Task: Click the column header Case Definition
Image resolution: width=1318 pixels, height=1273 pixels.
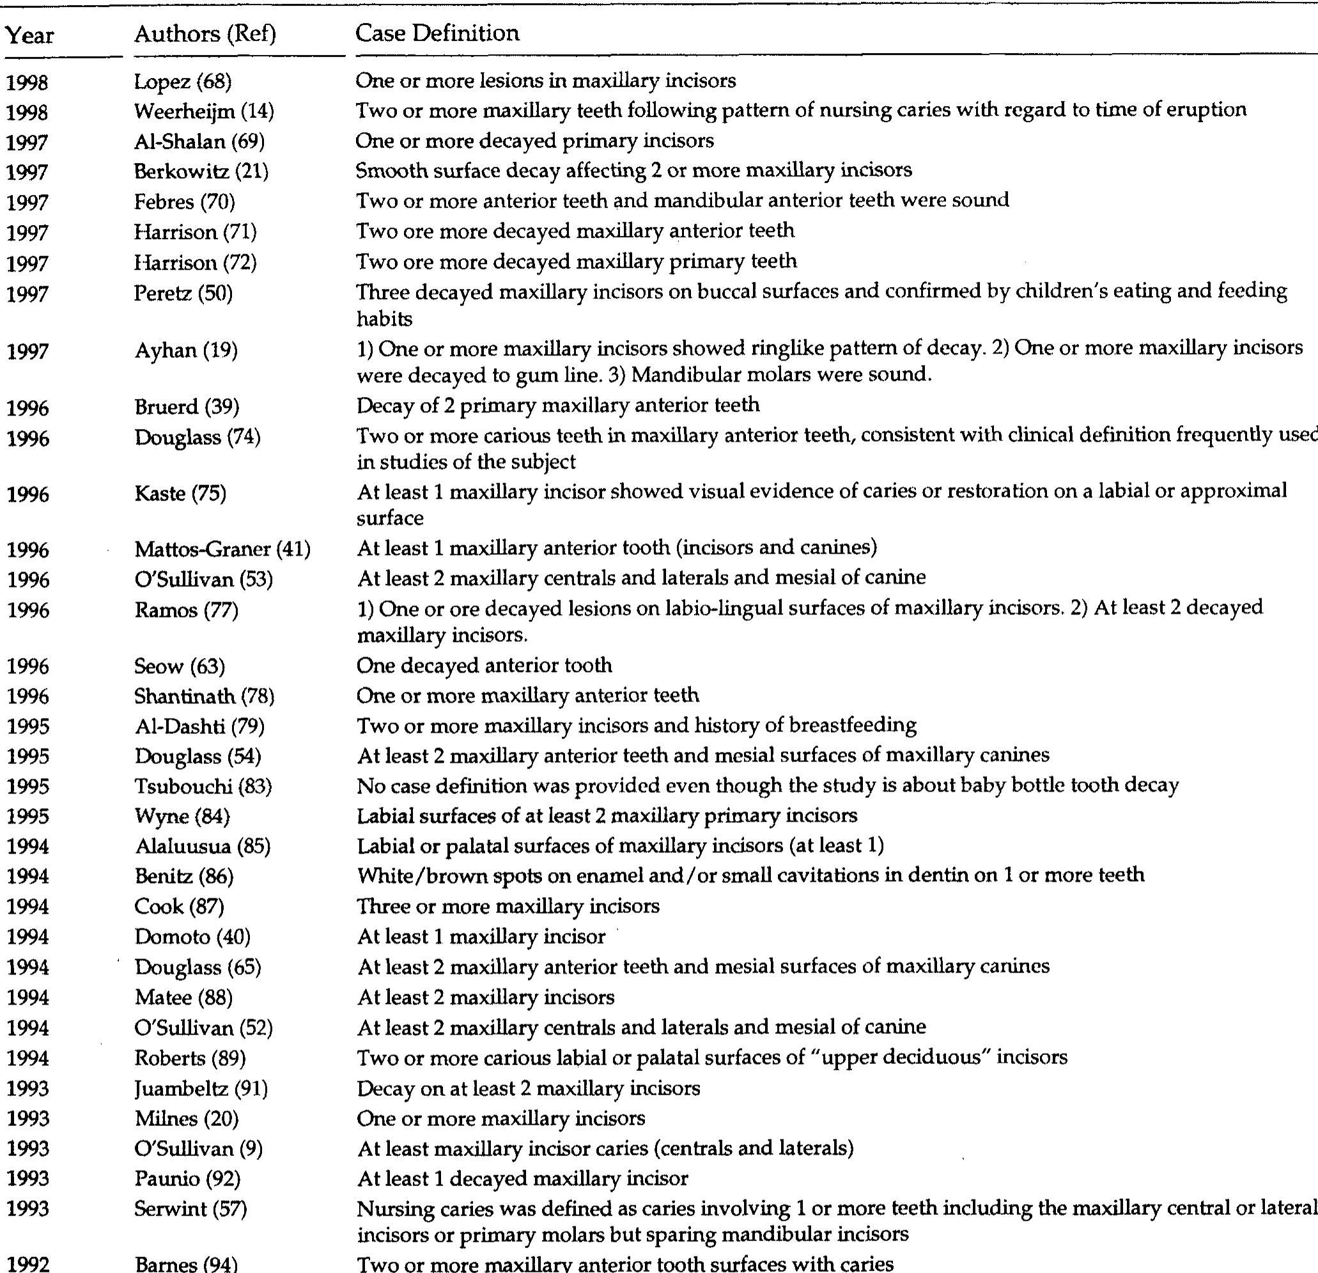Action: tap(437, 33)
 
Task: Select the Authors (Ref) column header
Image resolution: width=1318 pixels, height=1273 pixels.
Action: tap(205, 34)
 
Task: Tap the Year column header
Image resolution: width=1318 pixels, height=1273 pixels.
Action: tap(29, 35)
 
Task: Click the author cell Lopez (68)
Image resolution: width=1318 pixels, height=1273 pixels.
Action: tap(182, 81)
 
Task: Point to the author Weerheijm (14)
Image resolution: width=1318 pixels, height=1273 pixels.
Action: tap(204, 111)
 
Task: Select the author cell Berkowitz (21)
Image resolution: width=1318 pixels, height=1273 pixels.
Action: tap(201, 171)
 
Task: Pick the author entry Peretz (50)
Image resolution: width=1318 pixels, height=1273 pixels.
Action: tap(183, 293)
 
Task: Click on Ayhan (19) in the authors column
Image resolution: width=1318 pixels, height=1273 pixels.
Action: tap(185, 350)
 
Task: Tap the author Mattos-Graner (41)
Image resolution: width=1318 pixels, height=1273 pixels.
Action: tap(222, 549)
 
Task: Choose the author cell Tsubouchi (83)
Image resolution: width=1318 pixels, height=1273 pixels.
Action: tap(203, 786)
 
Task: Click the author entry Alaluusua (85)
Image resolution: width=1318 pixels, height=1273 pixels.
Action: tap(203, 846)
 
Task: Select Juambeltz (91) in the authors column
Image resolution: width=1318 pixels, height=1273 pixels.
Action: tap(201, 1088)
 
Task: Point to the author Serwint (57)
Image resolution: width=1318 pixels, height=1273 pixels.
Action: tap(190, 1208)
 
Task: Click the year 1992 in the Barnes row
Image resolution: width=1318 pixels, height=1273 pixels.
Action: tap(27, 1264)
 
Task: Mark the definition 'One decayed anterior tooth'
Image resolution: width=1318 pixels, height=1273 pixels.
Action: tap(484, 666)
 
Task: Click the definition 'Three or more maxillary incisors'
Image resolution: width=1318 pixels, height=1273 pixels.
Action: tap(508, 907)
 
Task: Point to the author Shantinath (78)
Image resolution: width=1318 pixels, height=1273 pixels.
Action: tap(205, 696)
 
